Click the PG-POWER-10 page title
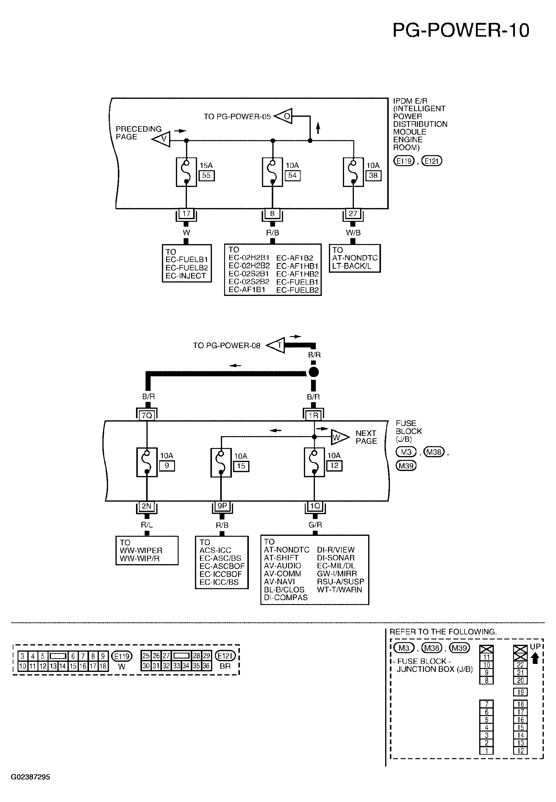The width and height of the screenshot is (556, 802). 460,30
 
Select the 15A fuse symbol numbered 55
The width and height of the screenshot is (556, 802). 186,172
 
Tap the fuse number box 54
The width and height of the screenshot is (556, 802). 293,176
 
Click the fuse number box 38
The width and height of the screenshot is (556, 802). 373,176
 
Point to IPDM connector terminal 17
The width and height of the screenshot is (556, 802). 186,213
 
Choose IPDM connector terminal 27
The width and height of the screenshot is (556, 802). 353,213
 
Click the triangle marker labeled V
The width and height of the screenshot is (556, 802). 161,139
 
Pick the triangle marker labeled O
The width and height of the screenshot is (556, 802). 283,116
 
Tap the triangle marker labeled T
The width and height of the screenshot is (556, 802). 276,345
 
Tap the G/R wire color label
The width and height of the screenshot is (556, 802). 315,525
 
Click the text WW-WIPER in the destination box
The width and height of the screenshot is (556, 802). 141,550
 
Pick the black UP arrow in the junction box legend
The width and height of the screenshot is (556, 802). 535,658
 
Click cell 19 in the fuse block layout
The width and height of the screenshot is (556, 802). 521,692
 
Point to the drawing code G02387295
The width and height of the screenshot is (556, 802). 30,777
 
